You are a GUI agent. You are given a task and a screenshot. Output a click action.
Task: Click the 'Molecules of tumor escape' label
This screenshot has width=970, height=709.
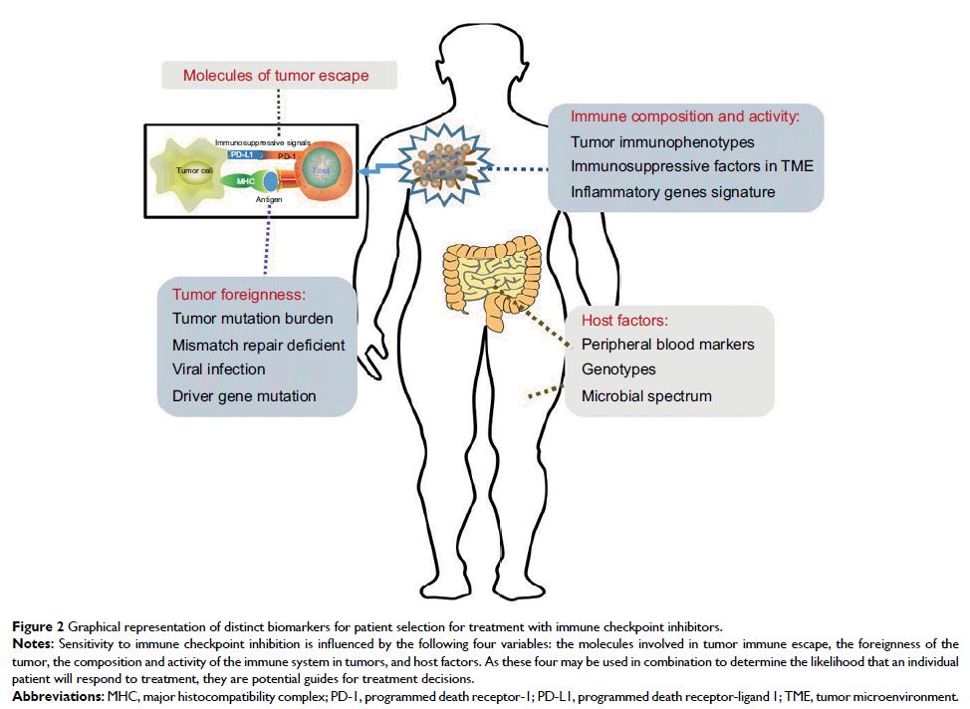coord(276,76)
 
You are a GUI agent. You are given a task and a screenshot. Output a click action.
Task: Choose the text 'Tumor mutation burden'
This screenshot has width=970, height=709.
coord(252,319)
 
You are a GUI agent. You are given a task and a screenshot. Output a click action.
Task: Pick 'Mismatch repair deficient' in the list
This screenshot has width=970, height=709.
coord(258,345)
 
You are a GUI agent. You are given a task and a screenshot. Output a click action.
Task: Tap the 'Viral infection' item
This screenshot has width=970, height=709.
coord(219,369)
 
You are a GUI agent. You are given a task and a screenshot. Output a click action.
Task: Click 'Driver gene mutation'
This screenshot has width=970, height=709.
coord(244,395)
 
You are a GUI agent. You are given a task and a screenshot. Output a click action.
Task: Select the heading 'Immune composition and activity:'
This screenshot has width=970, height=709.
coord(685,116)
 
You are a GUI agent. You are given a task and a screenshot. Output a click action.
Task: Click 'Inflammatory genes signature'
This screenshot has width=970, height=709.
coord(673,191)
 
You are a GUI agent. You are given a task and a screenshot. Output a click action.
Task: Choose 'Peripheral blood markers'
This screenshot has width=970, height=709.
coord(668,345)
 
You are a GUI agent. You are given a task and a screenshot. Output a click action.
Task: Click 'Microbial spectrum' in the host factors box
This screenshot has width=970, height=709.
coord(646,395)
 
